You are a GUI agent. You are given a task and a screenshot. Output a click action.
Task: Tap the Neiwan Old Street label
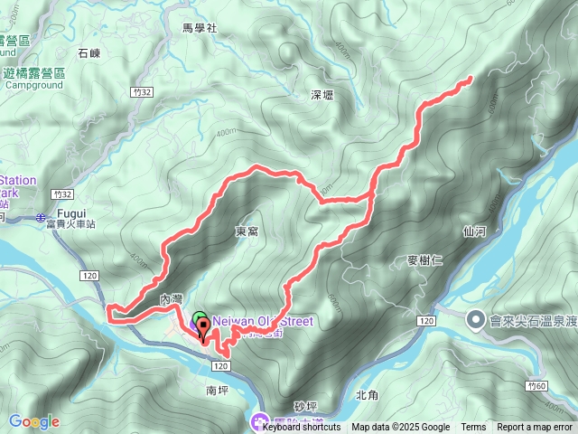pos(262,321)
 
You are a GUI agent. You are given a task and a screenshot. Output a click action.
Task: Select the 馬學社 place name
pos(200,28)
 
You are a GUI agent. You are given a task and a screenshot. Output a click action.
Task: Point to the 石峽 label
pos(89,54)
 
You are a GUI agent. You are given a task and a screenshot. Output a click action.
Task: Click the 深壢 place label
pos(322,95)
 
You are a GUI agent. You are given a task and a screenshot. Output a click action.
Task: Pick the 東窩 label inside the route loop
pos(247,231)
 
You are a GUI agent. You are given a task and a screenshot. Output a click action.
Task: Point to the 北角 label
pos(367,394)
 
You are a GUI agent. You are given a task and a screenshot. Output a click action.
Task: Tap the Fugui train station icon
pos(42,217)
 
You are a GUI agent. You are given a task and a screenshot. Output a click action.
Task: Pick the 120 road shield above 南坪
pos(220,366)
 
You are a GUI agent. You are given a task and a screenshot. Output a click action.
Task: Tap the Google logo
pos(33,421)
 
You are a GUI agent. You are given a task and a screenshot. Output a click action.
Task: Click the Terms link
pos(472,428)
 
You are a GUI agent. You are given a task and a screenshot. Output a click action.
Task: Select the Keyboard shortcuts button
pos(302,428)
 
